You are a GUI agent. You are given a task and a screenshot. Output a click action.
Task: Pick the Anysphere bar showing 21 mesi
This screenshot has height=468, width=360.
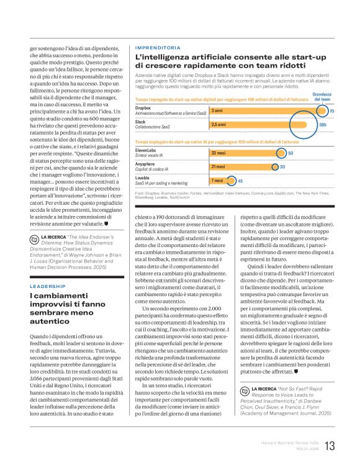pos(242,166)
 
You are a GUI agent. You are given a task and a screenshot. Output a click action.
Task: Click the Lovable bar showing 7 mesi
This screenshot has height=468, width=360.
pos(221,181)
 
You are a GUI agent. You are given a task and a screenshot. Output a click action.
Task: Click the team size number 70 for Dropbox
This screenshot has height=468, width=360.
pos(331,111)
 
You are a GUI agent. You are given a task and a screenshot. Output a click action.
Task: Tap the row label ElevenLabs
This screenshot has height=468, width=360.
pos(146,150)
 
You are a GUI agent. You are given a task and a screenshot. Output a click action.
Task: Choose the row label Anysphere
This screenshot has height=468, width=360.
pos(146,164)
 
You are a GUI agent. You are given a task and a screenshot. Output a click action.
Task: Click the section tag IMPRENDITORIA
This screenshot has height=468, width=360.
pos(158,47)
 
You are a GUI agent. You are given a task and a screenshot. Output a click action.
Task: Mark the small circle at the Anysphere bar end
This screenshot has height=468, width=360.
pos(273,166)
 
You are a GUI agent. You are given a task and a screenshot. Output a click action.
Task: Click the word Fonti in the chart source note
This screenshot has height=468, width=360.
pos(140,194)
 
